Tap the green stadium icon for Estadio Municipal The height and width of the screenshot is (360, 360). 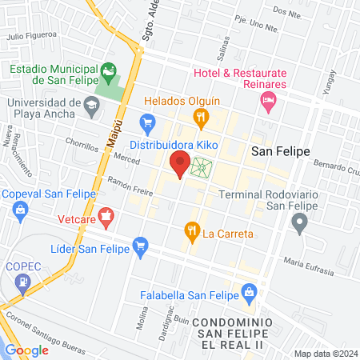point(108,73)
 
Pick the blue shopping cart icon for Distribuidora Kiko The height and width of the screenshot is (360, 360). point(147,122)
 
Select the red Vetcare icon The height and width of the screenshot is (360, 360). point(107,216)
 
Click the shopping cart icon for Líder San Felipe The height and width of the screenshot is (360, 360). point(142,244)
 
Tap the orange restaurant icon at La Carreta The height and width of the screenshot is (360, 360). point(192,234)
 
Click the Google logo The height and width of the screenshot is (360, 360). point(26,350)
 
